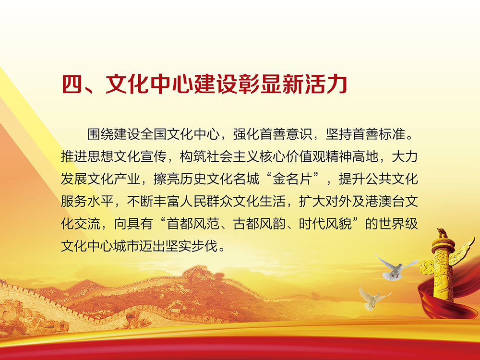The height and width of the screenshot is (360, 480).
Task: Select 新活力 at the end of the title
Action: pyautogui.click(x=316, y=85)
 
